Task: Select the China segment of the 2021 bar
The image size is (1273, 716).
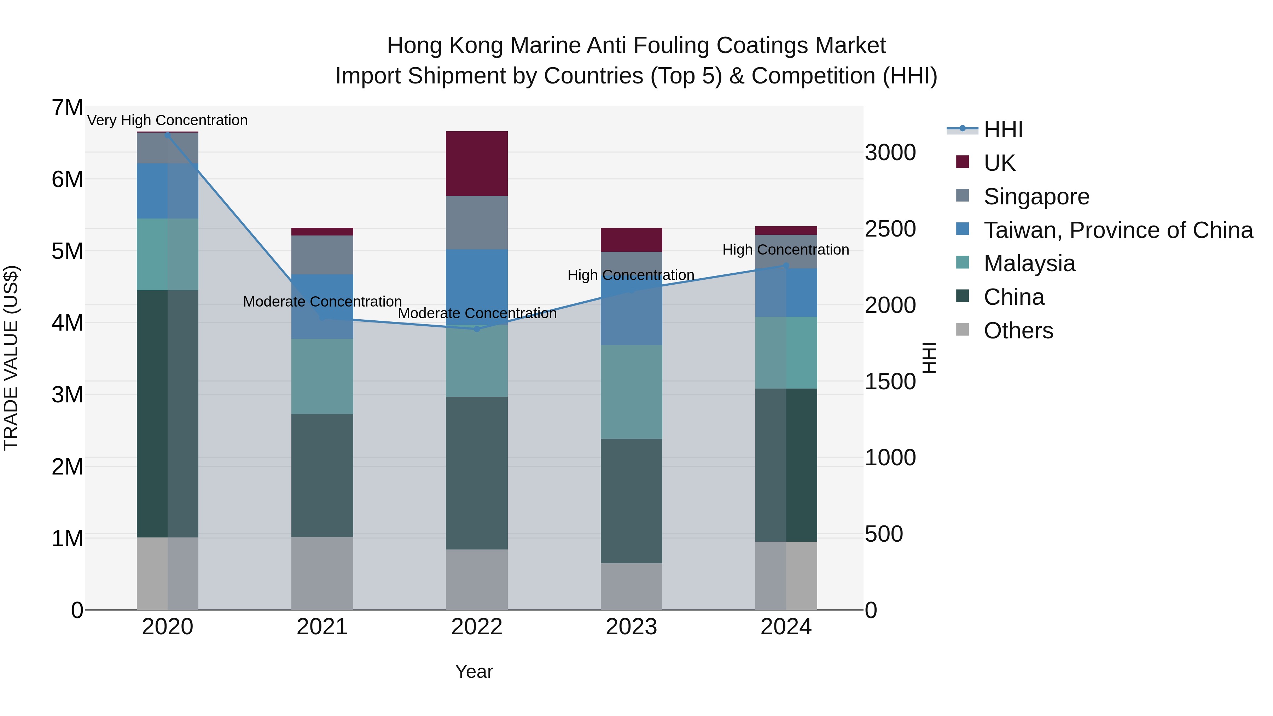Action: click(322, 475)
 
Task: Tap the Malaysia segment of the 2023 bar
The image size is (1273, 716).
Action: click(631, 391)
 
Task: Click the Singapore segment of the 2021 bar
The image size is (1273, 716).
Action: click(322, 255)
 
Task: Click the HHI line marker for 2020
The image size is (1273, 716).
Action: click(168, 135)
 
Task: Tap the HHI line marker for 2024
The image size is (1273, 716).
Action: click(786, 265)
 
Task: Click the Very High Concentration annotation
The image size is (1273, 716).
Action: click(168, 120)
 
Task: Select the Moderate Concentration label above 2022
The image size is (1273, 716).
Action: click(477, 313)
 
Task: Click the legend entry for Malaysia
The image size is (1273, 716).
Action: click(1029, 263)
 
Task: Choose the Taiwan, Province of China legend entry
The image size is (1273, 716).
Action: click(1118, 230)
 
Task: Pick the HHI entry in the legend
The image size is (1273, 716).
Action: click(1003, 129)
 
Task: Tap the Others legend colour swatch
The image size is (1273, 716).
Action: click(962, 330)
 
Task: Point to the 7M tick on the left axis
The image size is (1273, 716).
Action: click(67, 108)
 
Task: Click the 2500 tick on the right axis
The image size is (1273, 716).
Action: click(890, 229)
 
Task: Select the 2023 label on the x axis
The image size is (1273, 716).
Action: click(631, 627)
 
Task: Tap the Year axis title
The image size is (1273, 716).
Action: click(473, 671)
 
